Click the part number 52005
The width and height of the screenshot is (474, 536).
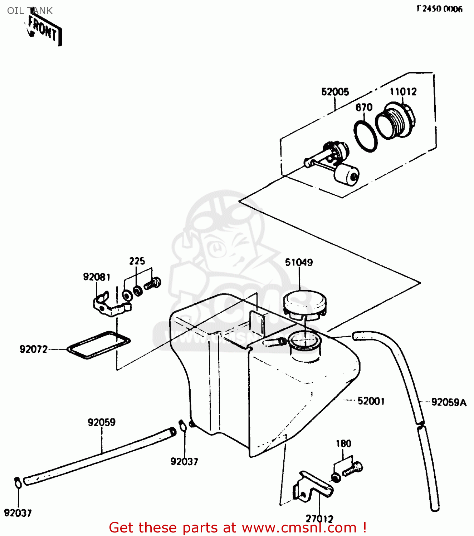coord(335,92)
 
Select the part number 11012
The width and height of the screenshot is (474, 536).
coord(403,92)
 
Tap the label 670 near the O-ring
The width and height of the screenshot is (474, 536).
coord(364,107)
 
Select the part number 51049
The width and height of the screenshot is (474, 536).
coord(299,262)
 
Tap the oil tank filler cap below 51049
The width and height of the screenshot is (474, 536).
coord(304,304)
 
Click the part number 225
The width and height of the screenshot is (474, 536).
coord(137,261)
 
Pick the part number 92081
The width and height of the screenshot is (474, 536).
coord(97,277)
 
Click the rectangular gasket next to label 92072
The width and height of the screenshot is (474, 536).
coord(99,344)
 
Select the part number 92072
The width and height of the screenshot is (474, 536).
coord(33,349)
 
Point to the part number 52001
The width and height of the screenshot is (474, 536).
coord(371,401)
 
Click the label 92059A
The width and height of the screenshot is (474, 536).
coord(449,402)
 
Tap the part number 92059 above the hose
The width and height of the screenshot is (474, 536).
coord(102,422)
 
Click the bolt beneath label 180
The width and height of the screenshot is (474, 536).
coord(353,469)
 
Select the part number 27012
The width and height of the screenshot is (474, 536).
coord(319,518)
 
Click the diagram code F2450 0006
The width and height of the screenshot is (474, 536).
coord(440,9)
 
